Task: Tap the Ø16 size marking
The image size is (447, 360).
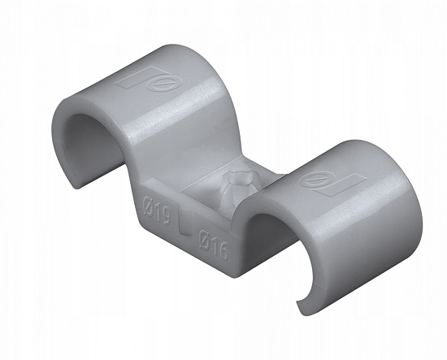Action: [213, 241]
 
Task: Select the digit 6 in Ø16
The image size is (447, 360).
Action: [222, 245]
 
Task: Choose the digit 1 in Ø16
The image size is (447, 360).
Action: [214, 241]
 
